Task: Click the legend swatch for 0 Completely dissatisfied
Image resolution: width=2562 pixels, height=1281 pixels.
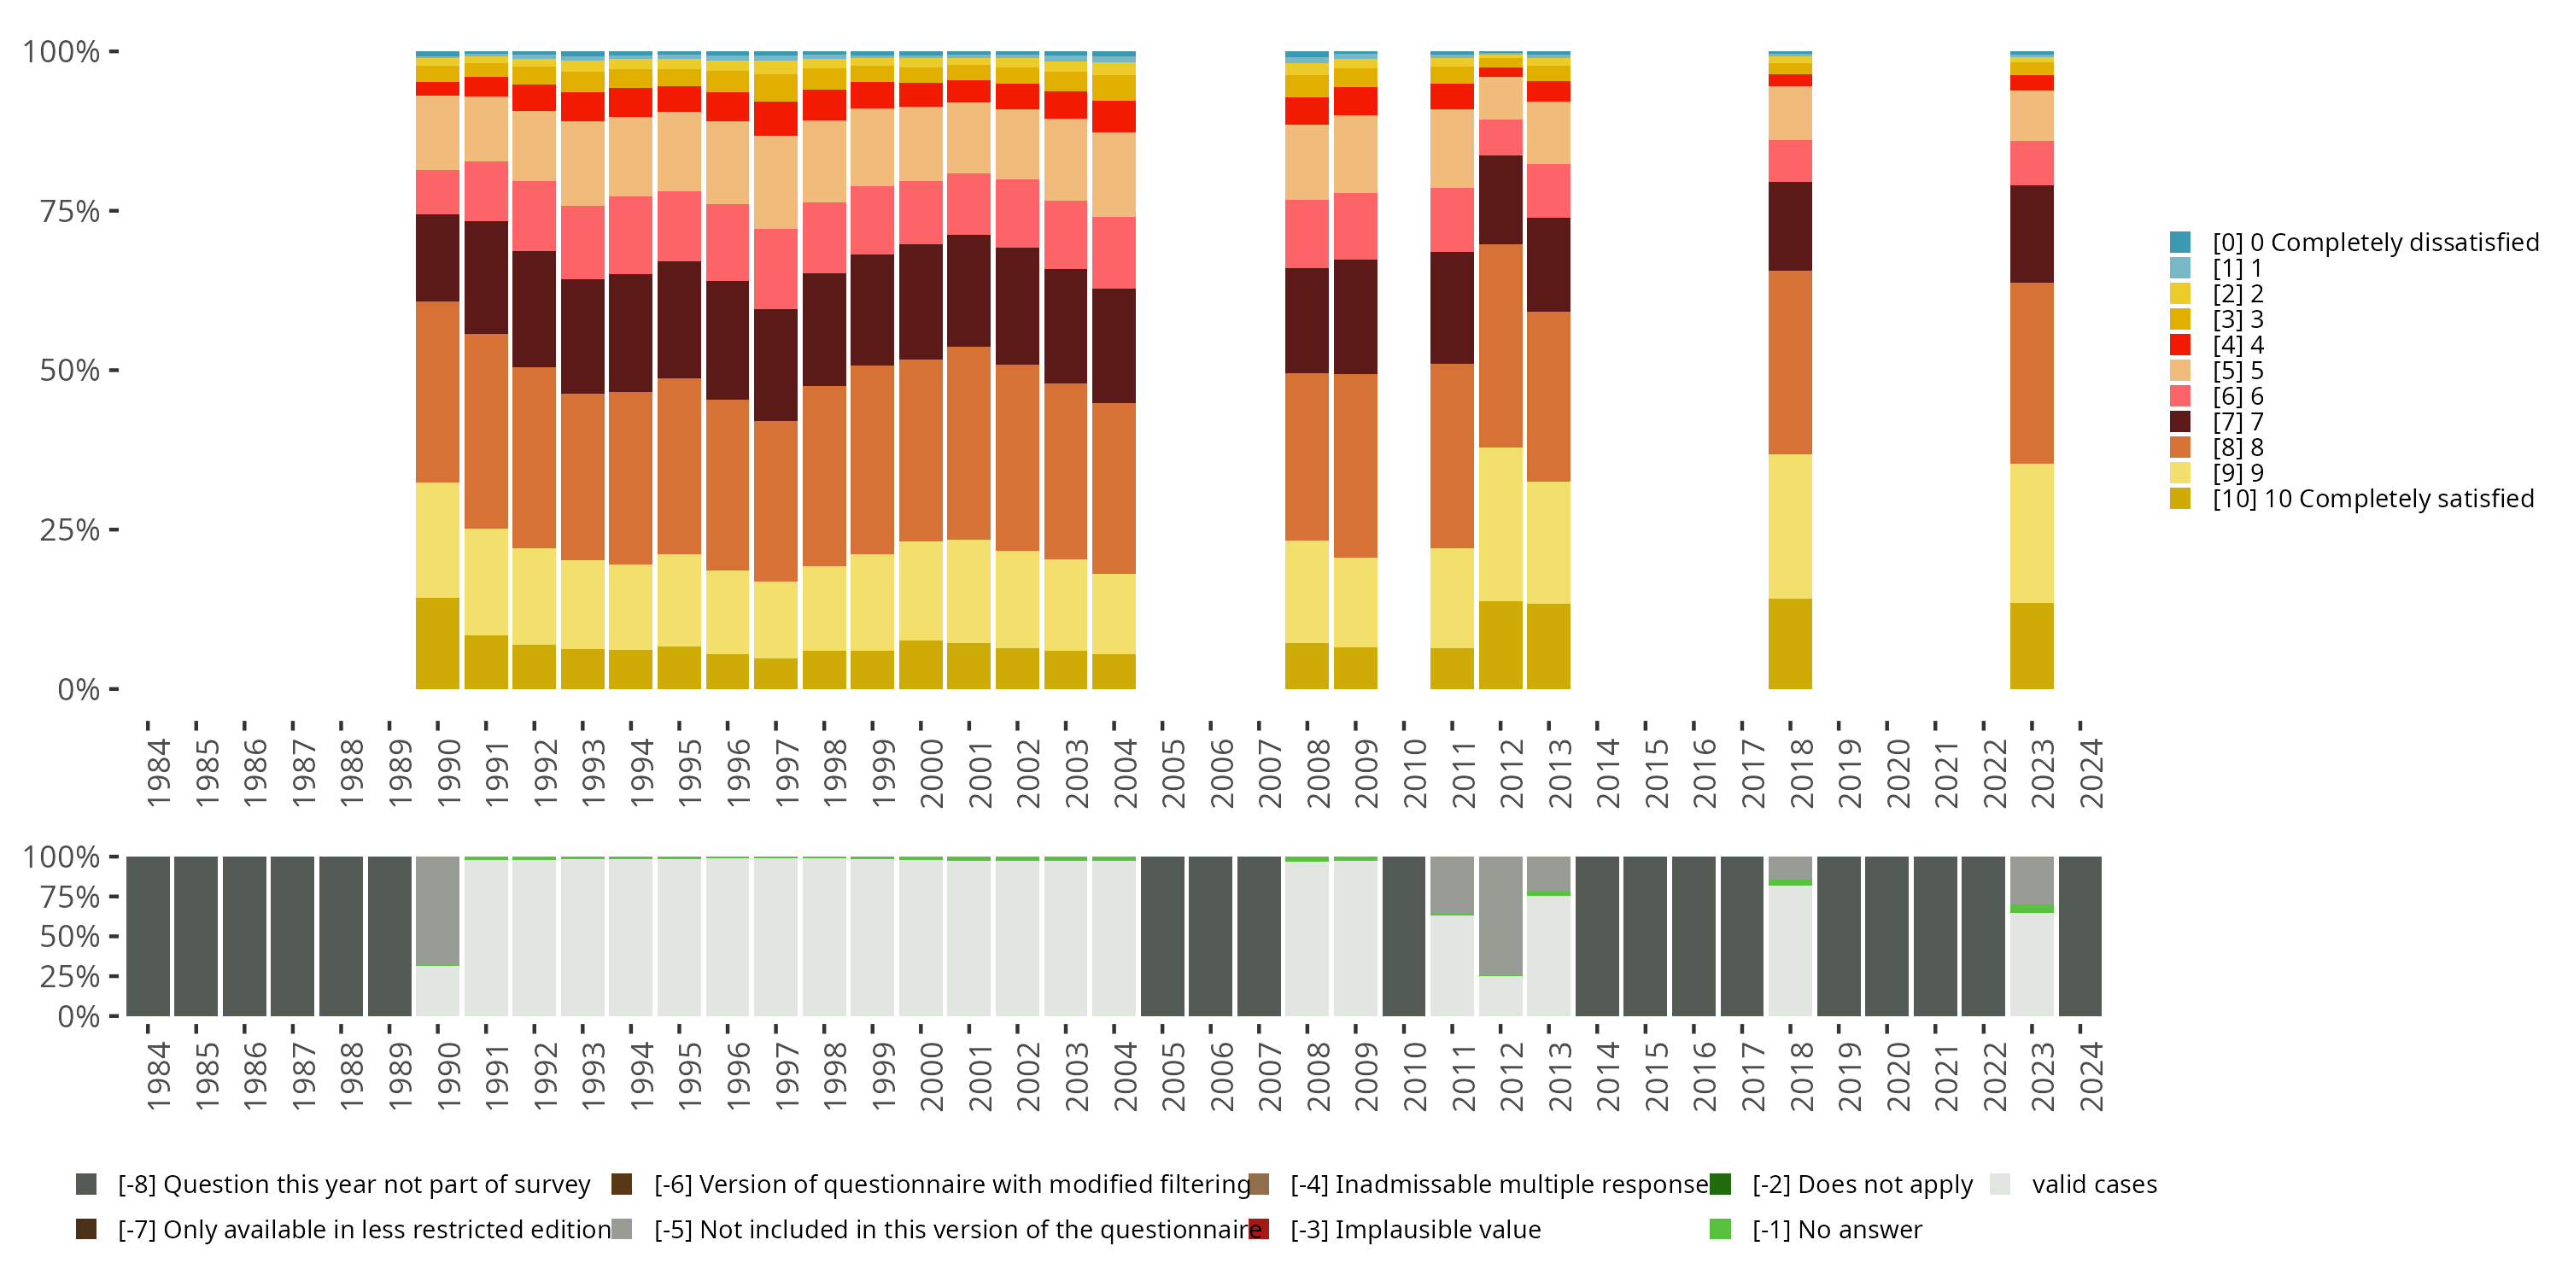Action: tap(2180, 243)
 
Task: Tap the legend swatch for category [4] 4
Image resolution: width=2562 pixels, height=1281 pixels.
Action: tap(2180, 345)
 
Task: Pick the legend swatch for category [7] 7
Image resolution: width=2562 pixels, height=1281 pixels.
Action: tap(2180, 422)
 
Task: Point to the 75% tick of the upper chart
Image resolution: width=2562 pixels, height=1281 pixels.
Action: tap(114, 211)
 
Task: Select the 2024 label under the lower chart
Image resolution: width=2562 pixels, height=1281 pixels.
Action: tap(2091, 1077)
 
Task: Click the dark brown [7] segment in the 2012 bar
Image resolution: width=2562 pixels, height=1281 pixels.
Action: tap(1500, 200)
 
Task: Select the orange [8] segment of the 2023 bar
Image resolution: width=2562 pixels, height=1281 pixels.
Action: tap(2031, 373)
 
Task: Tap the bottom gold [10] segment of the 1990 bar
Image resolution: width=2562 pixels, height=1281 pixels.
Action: tap(437, 643)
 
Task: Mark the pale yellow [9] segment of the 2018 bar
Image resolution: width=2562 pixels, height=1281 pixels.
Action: tap(1789, 526)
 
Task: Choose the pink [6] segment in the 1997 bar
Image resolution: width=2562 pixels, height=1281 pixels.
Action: tap(775, 268)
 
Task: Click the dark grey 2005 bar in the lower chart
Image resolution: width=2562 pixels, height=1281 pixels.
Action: tap(1161, 936)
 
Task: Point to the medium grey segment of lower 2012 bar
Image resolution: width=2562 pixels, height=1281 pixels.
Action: tap(1500, 915)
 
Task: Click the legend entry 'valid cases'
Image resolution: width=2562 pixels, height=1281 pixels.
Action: tap(2093, 1184)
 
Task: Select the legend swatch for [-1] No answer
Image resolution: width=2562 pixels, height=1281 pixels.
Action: tap(1720, 1229)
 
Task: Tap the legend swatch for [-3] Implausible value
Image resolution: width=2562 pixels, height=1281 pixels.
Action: tap(1259, 1229)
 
